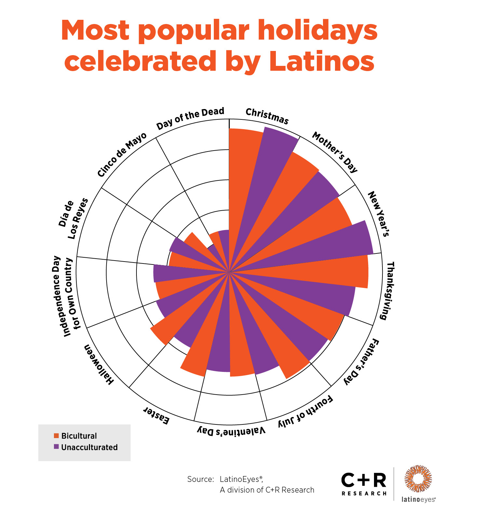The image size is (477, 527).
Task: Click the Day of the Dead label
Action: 190,119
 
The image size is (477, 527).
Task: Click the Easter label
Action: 157,416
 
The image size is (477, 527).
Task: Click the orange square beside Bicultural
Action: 57,435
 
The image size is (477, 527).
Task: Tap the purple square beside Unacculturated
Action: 57,447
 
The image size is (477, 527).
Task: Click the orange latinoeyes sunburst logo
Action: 418,478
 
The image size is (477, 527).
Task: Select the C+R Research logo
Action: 364,484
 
